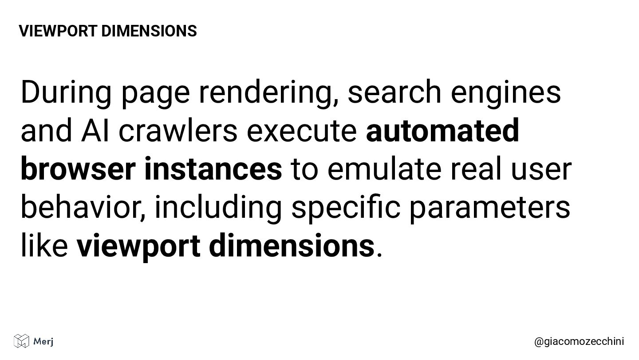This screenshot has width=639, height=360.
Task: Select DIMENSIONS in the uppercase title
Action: coord(149,31)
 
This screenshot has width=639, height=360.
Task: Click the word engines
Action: coord(506,92)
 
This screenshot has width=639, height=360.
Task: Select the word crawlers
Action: coord(178,131)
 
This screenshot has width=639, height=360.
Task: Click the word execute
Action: coord(302,131)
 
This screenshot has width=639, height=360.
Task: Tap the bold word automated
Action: coord(442,131)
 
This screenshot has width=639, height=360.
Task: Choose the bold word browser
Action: coord(78,169)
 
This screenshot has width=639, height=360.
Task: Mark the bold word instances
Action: coord(213,169)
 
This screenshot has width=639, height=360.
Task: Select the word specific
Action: coord(346,208)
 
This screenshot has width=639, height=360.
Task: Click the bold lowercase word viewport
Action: coord(138,246)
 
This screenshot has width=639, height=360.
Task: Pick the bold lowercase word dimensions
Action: coord(292,246)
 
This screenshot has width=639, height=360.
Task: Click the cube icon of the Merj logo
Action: coord(21,341)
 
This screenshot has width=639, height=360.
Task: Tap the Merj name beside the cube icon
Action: coord(43,341)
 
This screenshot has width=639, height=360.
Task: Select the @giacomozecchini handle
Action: coord(579,341)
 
